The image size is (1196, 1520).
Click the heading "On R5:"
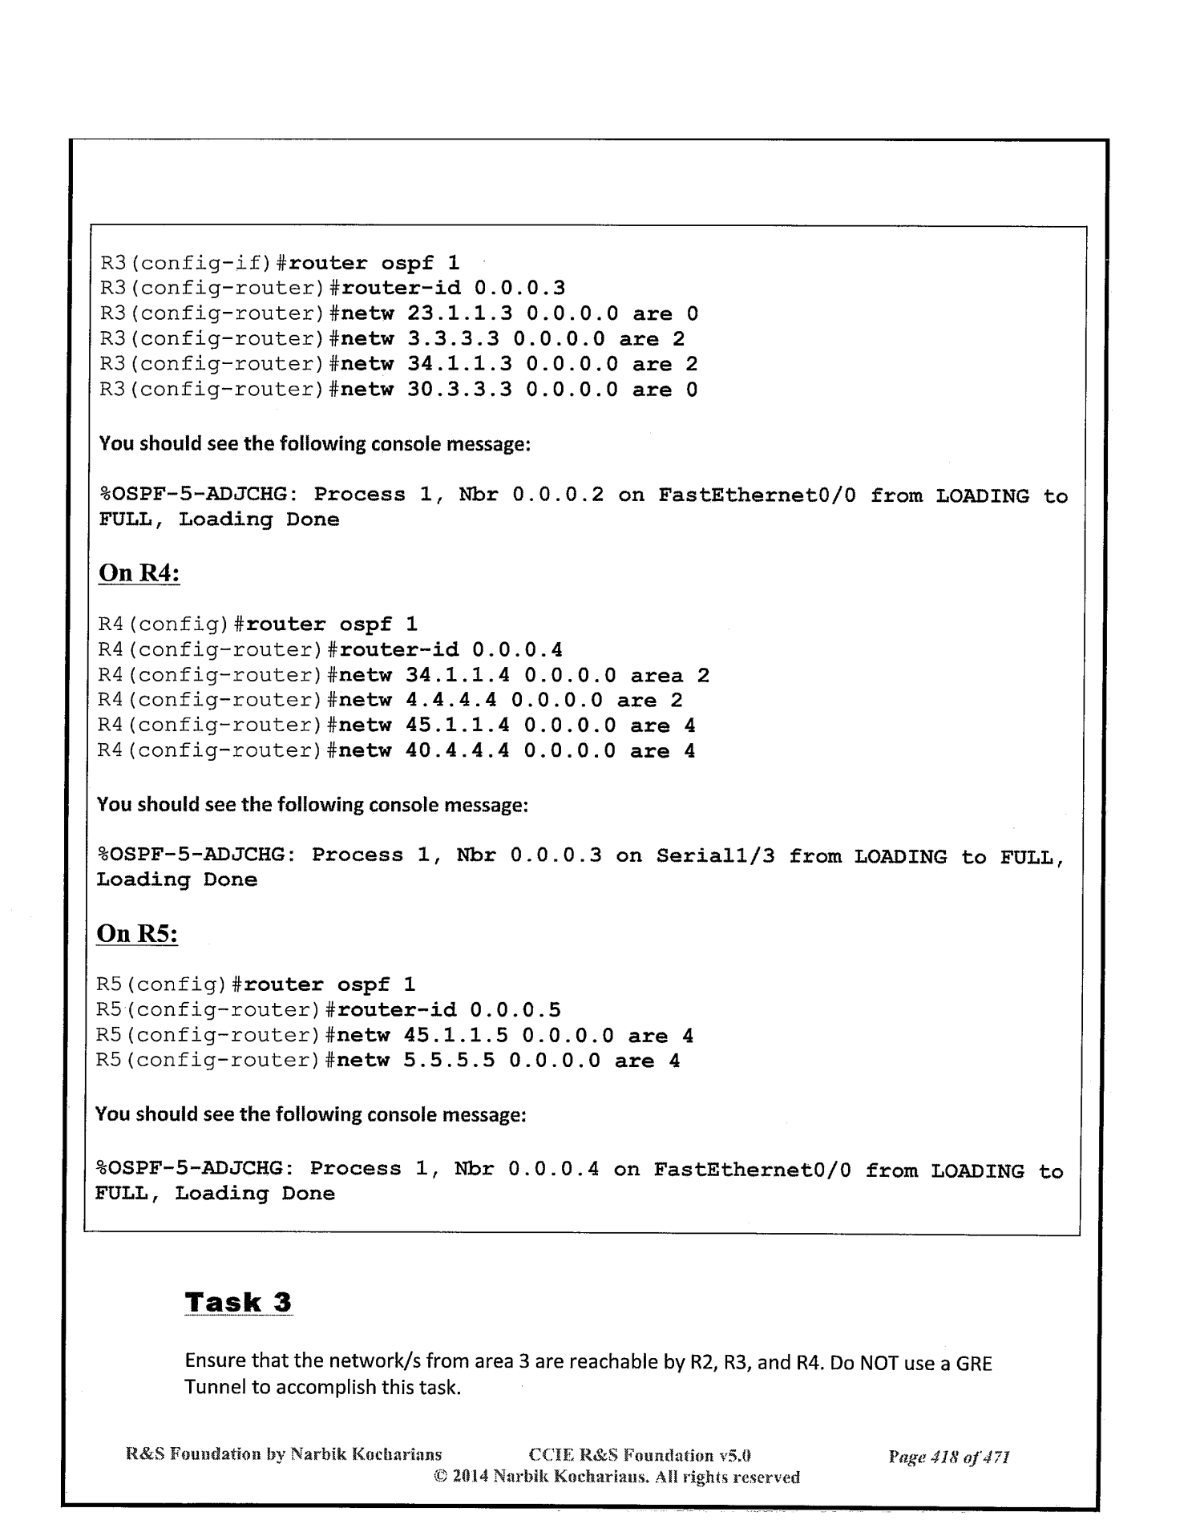tap(136, 934)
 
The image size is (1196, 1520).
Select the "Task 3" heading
tap(238, 1302)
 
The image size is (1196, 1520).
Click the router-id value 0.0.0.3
tap(519, 288)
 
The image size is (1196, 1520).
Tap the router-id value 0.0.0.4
tap(517, 649)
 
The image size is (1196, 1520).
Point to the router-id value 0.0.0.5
tap(515, 1010)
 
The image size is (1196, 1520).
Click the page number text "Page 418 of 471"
tap(948, 1456)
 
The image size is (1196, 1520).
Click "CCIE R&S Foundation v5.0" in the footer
tap(640, 1455)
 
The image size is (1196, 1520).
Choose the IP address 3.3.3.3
tap(453, 339)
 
